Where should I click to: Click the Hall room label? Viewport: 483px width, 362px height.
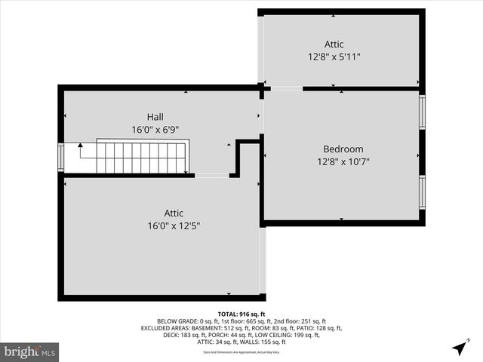tap(155, 117)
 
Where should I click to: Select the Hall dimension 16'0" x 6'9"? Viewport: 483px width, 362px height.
tap(155, 130)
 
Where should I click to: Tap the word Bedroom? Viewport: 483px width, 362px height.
tap(343, 149)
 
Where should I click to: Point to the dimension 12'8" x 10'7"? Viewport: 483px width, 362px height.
tap(343, 161)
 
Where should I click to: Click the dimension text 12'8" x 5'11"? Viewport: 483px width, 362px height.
tap(339, 57)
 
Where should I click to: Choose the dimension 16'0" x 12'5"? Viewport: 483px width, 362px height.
tap(174, 225)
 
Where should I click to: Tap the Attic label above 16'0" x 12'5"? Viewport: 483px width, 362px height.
tap(174, 213)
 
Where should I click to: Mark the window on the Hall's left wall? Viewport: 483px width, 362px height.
tap(61, 158)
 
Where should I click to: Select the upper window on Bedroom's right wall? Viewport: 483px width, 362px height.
tap(422, 112)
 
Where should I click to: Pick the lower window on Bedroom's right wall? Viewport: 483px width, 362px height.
tap(422, 192)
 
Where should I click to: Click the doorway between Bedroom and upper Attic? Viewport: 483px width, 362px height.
tap(286, 88)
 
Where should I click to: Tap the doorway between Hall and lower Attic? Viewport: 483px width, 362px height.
tap(211, 175)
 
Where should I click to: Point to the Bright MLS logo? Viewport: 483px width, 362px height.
tap(30, 351)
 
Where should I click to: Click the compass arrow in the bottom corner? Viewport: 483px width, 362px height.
tap(459, 348)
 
